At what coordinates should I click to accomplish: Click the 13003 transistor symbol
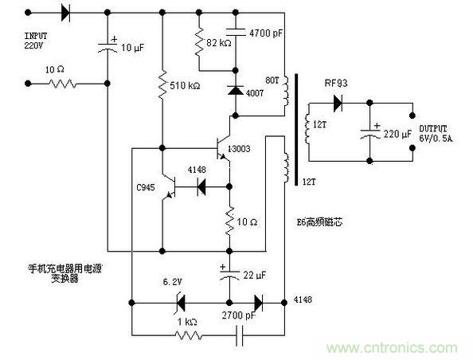[x=224, y=147]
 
